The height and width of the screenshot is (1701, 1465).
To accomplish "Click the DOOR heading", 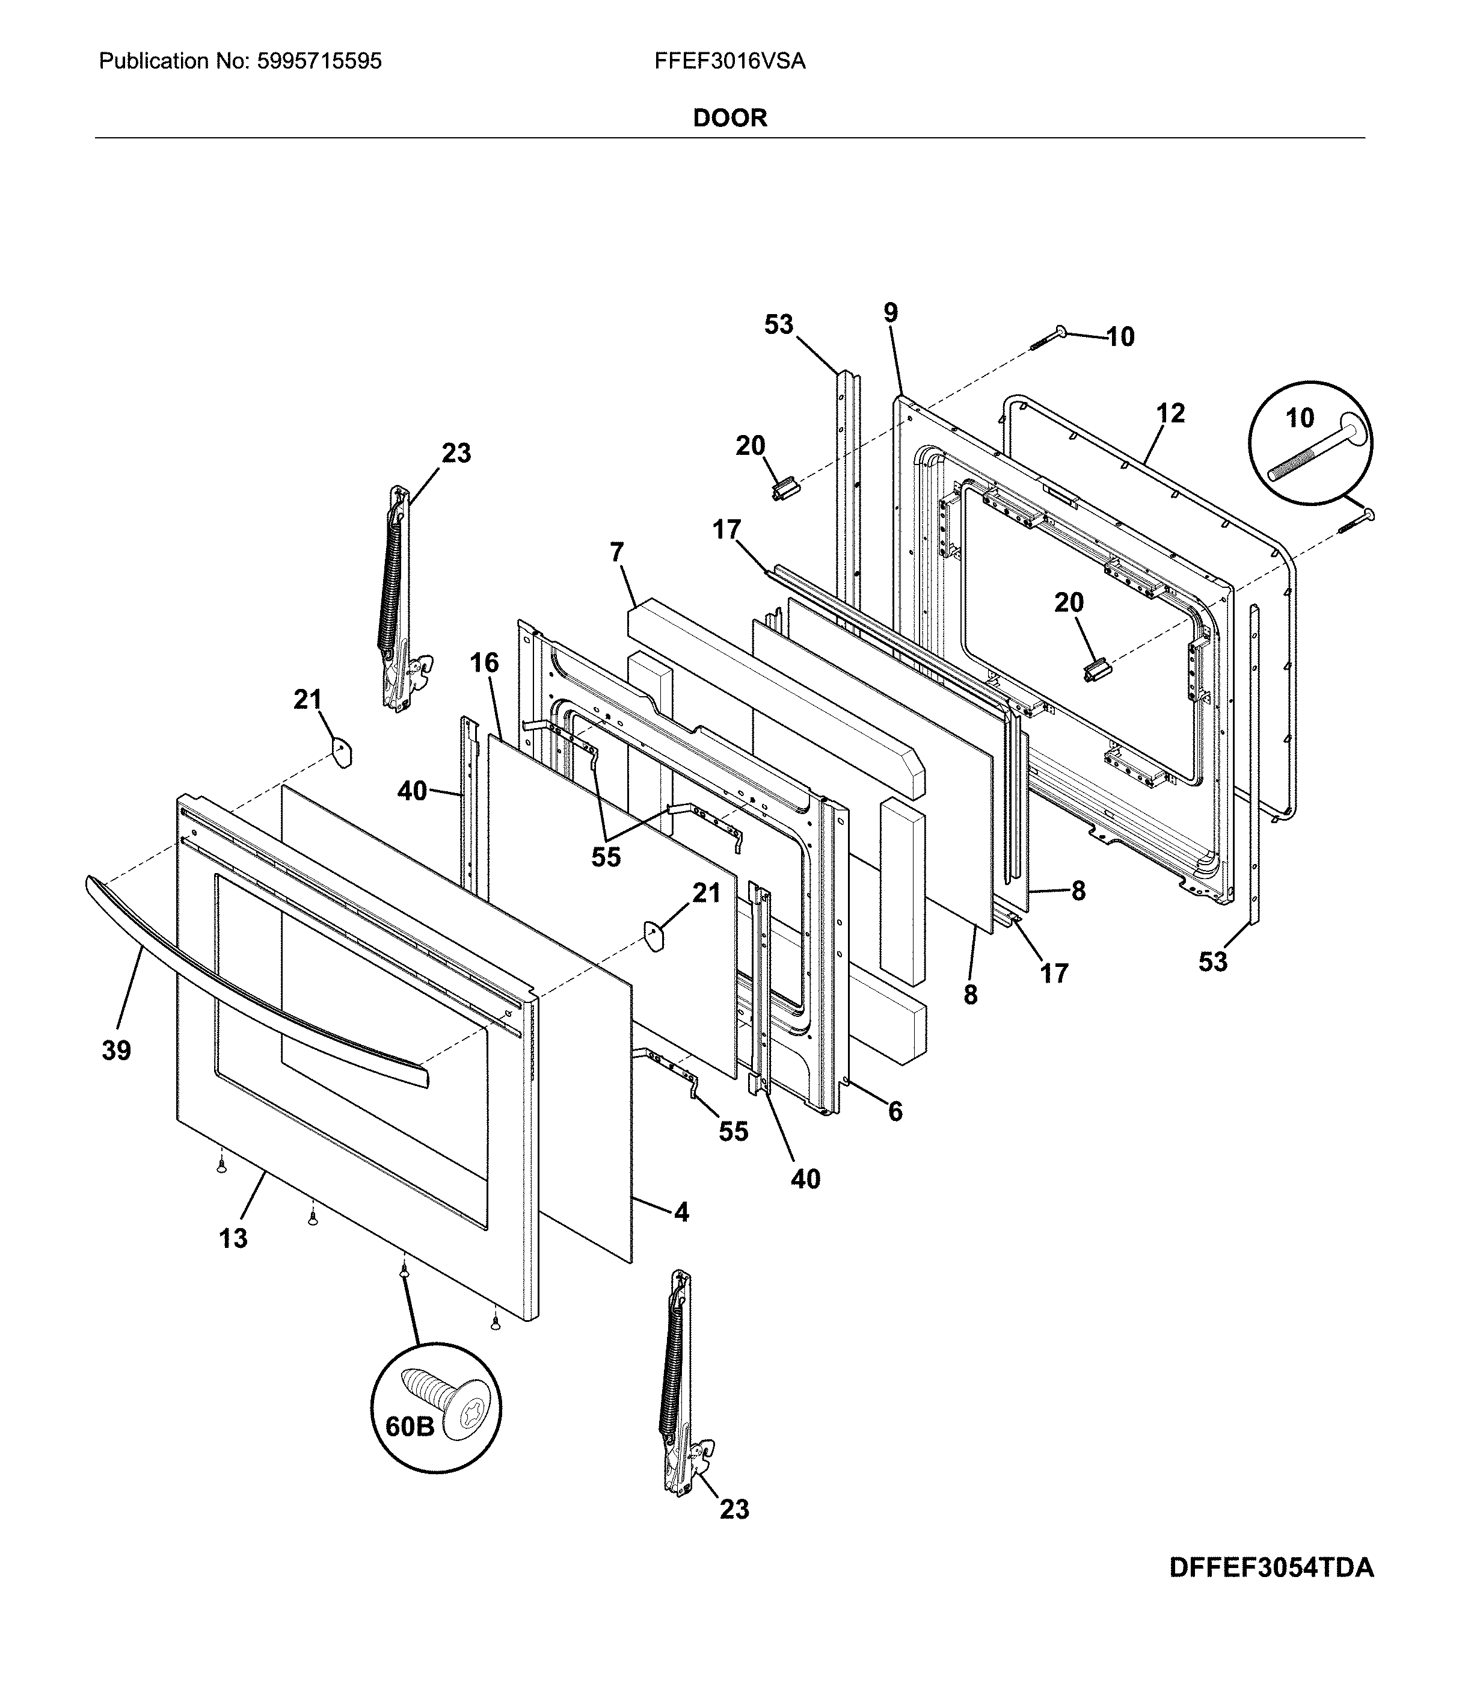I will (x=729, y=118).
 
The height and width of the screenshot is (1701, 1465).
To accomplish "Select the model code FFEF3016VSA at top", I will (x=729, y=61).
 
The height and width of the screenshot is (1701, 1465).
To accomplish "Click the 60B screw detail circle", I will (x=436, y=1408).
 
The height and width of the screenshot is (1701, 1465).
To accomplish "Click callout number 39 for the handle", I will (x=117, y=1050).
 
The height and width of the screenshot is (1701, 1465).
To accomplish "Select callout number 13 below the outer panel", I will (x=233, y=1238).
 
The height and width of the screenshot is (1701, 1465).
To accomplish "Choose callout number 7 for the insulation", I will (x=617, y=552).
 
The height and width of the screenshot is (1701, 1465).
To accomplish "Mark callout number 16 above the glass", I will (x=484, y=662).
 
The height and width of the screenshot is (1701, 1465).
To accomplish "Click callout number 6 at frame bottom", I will (x=895, y=1111).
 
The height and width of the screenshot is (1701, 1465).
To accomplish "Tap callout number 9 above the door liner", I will (x=891, y=313).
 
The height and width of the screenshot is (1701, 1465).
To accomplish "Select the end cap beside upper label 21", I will (x=340, y=750).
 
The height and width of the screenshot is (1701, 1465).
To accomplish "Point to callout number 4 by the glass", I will (x=681, y=1212).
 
